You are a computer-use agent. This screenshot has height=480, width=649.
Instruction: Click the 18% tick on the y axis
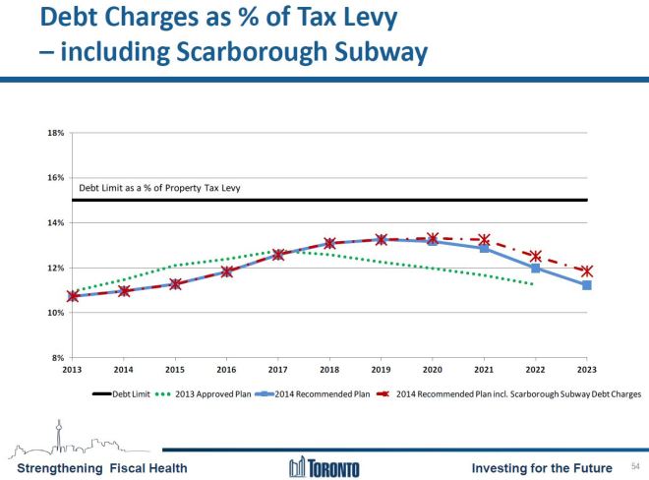tap(56, 133)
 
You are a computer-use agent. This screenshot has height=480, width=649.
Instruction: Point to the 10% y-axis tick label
tap(56, 313)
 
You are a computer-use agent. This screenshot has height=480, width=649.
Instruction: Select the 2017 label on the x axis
tap(278, 370)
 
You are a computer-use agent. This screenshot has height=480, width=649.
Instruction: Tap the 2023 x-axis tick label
tap(586, 370)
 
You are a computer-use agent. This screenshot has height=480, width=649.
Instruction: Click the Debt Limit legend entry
tap(128, 393)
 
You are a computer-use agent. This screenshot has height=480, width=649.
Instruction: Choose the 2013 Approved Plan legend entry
tap(206, 393)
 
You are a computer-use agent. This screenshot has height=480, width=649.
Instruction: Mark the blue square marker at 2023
tap(586, 285)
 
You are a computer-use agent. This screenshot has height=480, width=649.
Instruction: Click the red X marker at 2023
tap(586, 271)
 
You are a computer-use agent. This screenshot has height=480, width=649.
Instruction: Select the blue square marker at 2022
tap(535, 268)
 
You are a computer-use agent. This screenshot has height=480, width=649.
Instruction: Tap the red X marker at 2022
tap(535, 256)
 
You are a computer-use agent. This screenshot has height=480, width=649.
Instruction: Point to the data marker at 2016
tap(227, 271)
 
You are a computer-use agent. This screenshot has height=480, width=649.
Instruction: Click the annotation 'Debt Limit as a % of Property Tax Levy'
tap(159, 188)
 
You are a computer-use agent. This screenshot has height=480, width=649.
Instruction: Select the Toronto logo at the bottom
tap(324, 467)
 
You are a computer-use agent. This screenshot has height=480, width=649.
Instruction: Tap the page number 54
tap(634, 465)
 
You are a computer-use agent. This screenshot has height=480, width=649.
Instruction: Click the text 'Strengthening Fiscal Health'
tap(95, 467)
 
